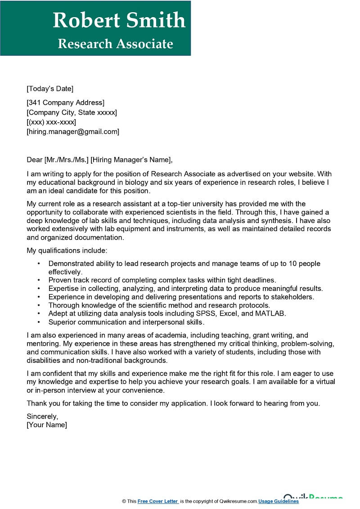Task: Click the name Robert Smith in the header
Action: click(119, 20)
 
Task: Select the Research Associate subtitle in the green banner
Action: click(115, 44)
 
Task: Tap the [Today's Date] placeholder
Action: click(50, 89)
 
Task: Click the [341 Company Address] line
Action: click(65, 103)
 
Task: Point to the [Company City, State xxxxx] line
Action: click(72, 112)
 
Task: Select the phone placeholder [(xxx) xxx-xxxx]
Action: click(51, 122)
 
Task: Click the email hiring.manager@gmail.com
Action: click(73, 132)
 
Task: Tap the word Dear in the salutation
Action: click(34, 160)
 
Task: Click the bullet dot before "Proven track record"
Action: click(39, 280)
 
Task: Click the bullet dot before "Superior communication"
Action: click(39, 322)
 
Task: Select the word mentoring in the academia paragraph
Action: click(42, 344)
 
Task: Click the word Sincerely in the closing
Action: click(42, 416)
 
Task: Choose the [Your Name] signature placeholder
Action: click(47, 425)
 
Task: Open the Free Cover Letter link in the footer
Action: click(158, 501)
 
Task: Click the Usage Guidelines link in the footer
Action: click(279, 501)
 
